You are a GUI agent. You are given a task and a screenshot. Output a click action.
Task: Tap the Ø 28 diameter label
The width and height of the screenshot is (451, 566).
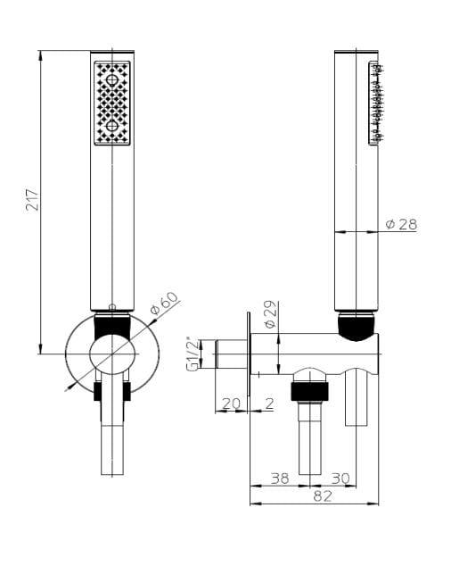tap(401, 224)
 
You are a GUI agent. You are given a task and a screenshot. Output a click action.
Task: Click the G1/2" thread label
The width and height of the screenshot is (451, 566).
tap(190, 354)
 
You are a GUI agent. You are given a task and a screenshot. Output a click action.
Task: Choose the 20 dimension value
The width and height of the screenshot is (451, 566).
tap(230, 403)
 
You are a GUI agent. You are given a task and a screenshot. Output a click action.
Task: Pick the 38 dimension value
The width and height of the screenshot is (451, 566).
tap(279, 479)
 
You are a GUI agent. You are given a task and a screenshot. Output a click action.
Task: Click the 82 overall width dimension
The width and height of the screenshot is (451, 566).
tap(323, 496)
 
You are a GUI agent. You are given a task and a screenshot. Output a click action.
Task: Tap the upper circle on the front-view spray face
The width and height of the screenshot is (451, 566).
tap(112, 80)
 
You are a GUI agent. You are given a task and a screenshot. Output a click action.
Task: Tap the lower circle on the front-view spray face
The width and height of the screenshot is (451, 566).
tap(112, 126)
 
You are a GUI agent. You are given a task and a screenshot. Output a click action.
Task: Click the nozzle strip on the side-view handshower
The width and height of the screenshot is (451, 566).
tap(376, 102)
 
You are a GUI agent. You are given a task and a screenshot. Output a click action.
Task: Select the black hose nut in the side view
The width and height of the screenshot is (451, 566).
tap(311, 390)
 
